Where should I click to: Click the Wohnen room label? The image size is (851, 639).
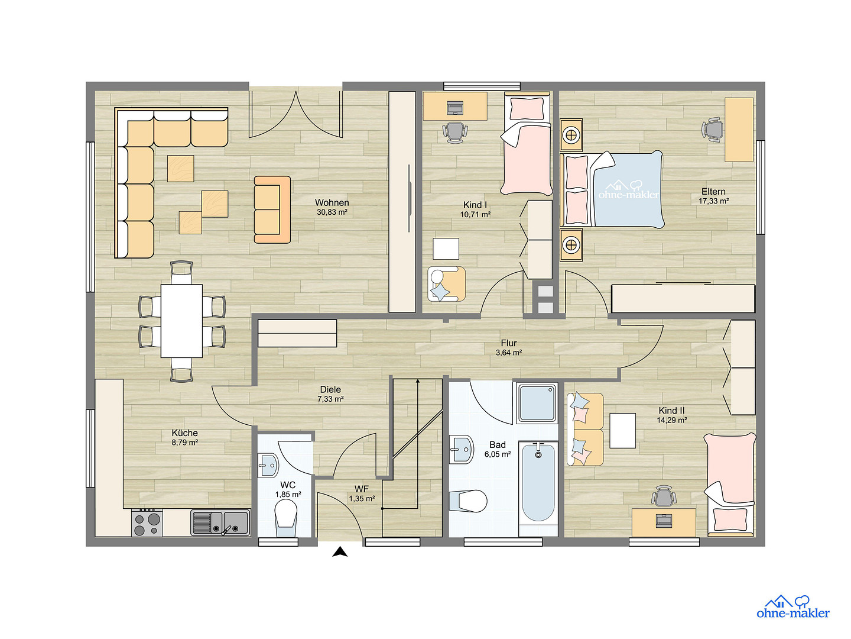(x=332, y=202)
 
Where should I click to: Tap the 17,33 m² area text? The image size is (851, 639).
(x=713, y=201)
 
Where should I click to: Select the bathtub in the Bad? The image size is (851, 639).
(x=538, y=483)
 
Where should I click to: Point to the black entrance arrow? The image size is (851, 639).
(x=340, y=551)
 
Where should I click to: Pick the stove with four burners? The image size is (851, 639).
(x=147, y=522)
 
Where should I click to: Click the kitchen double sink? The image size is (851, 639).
(x=220, y=522)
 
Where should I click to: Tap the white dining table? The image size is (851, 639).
(x=181, y=321)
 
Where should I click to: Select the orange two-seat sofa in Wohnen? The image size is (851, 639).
(x=272, y=209)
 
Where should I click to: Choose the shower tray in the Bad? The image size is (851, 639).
(x=537, y=403)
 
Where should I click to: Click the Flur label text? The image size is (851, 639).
(x=509, y=343)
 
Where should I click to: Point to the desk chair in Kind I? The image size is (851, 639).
(x=454, y=132)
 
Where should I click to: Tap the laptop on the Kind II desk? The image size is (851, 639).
(x=663, y=521)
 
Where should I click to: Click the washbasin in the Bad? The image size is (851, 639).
(x=461, y=449)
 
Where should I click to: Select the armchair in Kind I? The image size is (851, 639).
(x=446, y=284)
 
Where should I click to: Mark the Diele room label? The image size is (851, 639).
(x=330, y=389)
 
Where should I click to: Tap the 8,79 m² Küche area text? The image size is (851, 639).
(x=184, y=443)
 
